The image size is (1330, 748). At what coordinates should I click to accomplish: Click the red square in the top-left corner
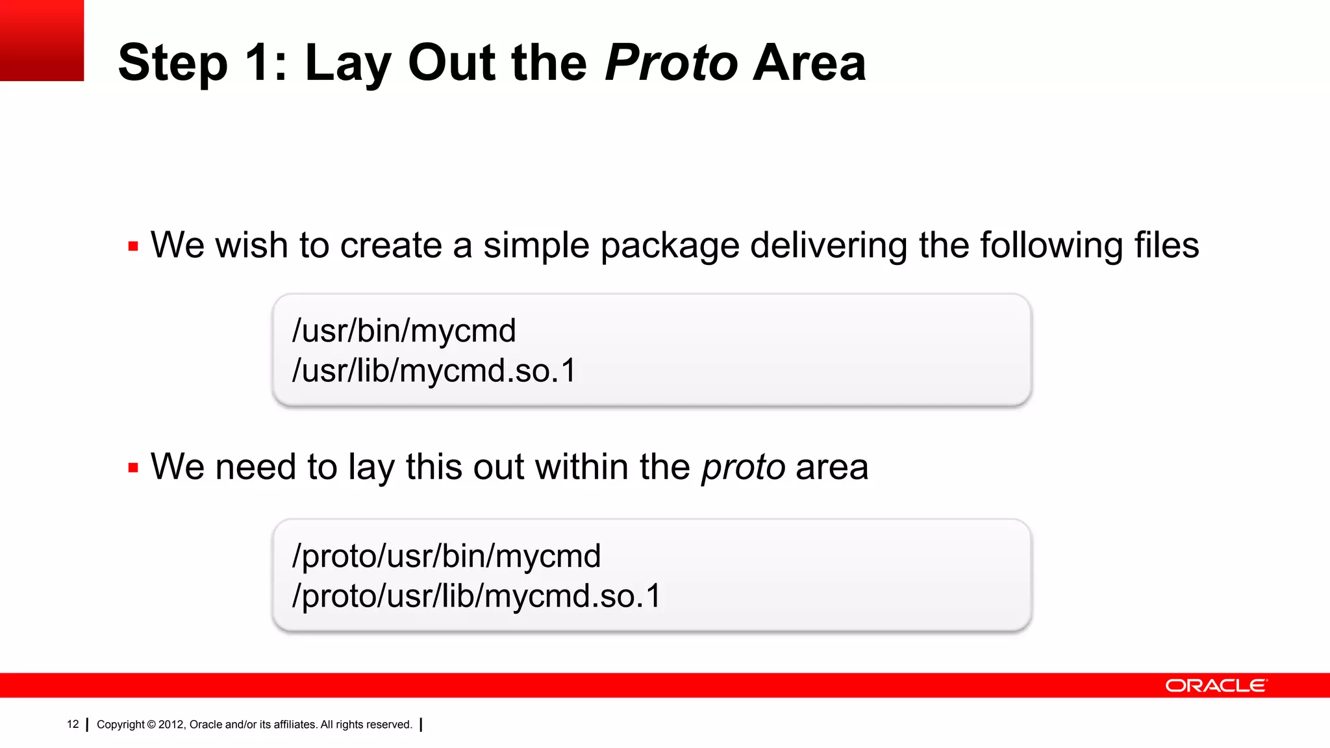42,40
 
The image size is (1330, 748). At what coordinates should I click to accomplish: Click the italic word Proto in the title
671,63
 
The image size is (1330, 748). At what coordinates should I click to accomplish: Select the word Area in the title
809,63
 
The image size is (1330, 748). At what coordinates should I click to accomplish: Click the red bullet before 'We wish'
133,247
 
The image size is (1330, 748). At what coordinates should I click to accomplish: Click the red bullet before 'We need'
133,468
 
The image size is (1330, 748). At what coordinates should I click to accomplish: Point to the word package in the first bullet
670,247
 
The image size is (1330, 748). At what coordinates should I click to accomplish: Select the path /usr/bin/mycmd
404,330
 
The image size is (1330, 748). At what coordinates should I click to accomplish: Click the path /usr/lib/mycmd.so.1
434,371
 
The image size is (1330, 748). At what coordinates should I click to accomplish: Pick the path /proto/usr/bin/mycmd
447,556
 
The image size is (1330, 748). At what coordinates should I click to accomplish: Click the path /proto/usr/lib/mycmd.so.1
477,596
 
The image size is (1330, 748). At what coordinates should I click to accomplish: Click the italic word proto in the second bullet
744,468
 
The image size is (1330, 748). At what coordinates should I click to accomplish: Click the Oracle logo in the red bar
1216,686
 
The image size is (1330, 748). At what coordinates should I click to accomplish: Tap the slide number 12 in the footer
73,724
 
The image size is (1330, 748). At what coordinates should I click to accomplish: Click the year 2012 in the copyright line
171,725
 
